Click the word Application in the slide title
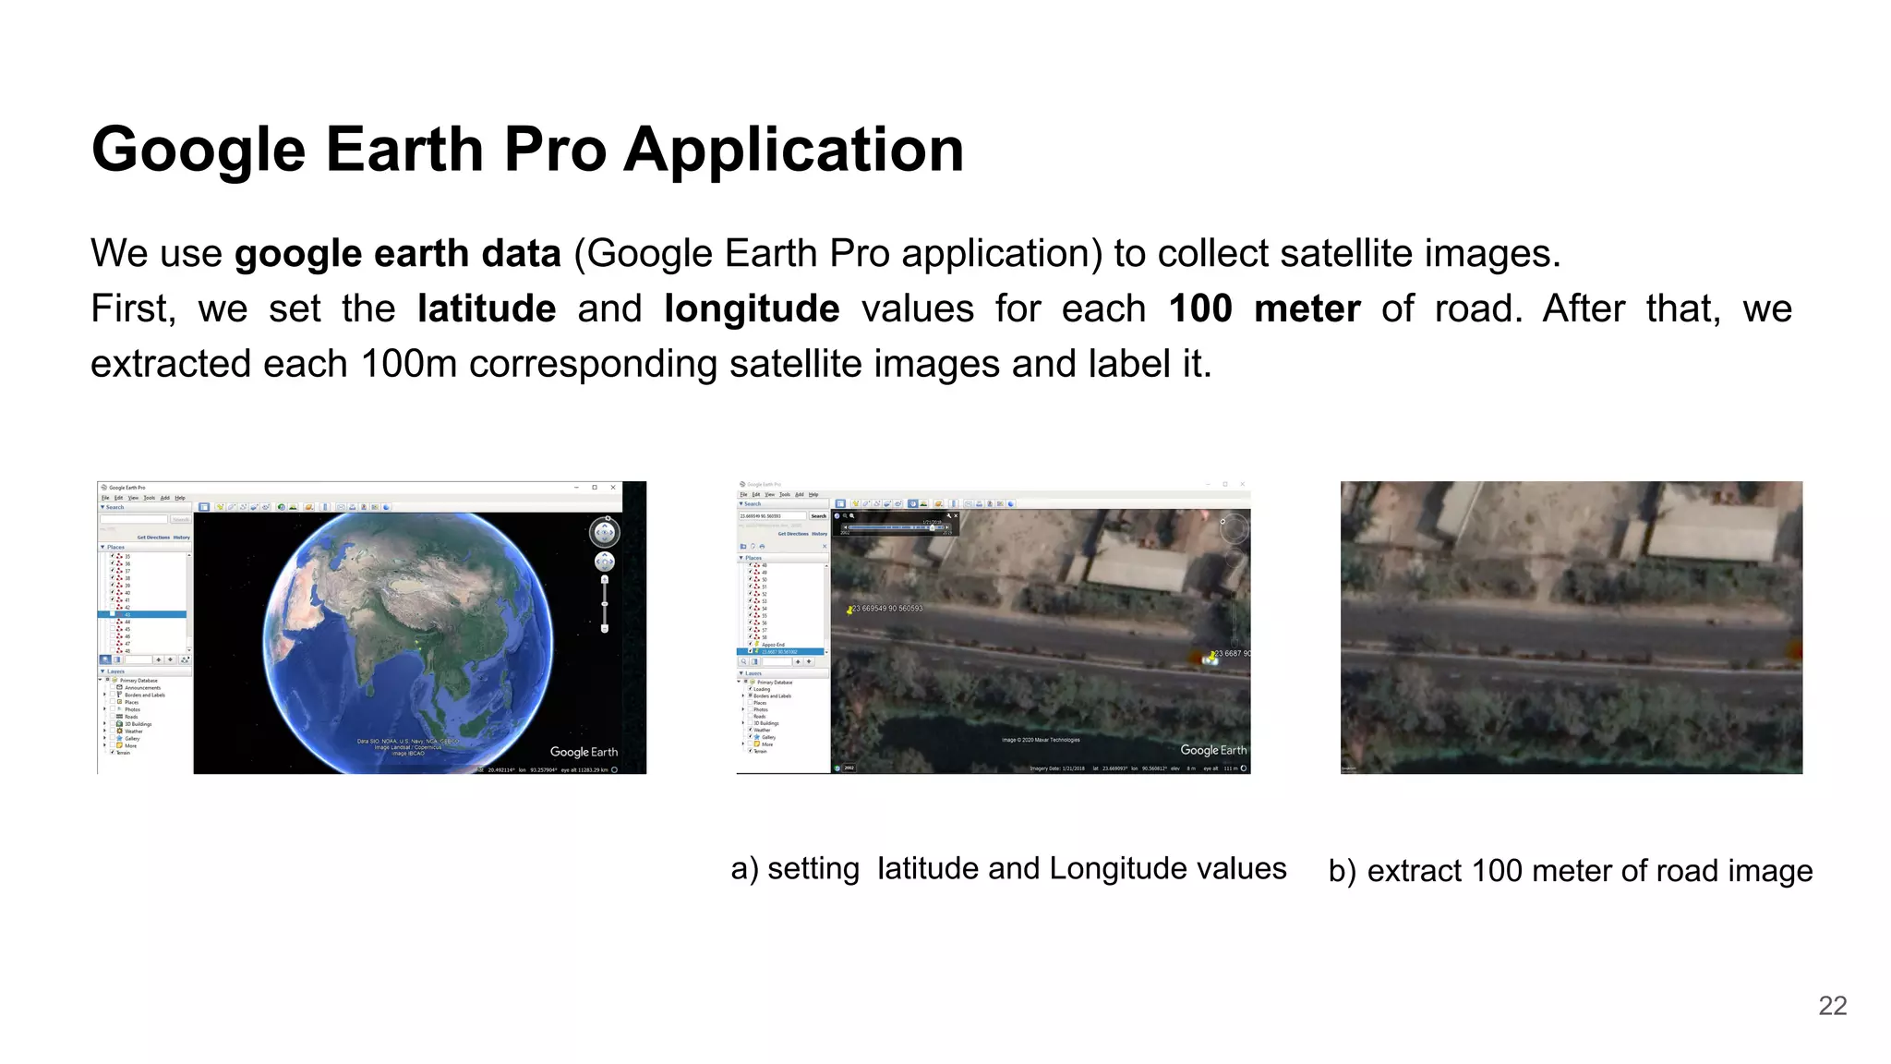click(x=793, y=150)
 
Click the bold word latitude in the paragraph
click(x=486, y=308)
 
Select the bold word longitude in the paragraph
click(x=751, y=308)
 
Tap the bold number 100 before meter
click(x=1199, y=308)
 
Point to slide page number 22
click(x=1832, y=1006)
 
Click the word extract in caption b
click(x=1414, y=871)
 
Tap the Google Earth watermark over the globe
click(x=584, y=752)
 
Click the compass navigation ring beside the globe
click(x=604, y=532)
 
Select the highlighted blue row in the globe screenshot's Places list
click(x=143, y=614)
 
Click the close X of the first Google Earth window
click(x=613, y=488)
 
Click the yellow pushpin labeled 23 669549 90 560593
click(x=849, y=611)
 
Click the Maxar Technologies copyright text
click(x=1041, y=740)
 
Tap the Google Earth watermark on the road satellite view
click(x=1212, y=750)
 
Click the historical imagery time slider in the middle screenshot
click(x=895, y=527)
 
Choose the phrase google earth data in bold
click(x=397, y=254)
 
